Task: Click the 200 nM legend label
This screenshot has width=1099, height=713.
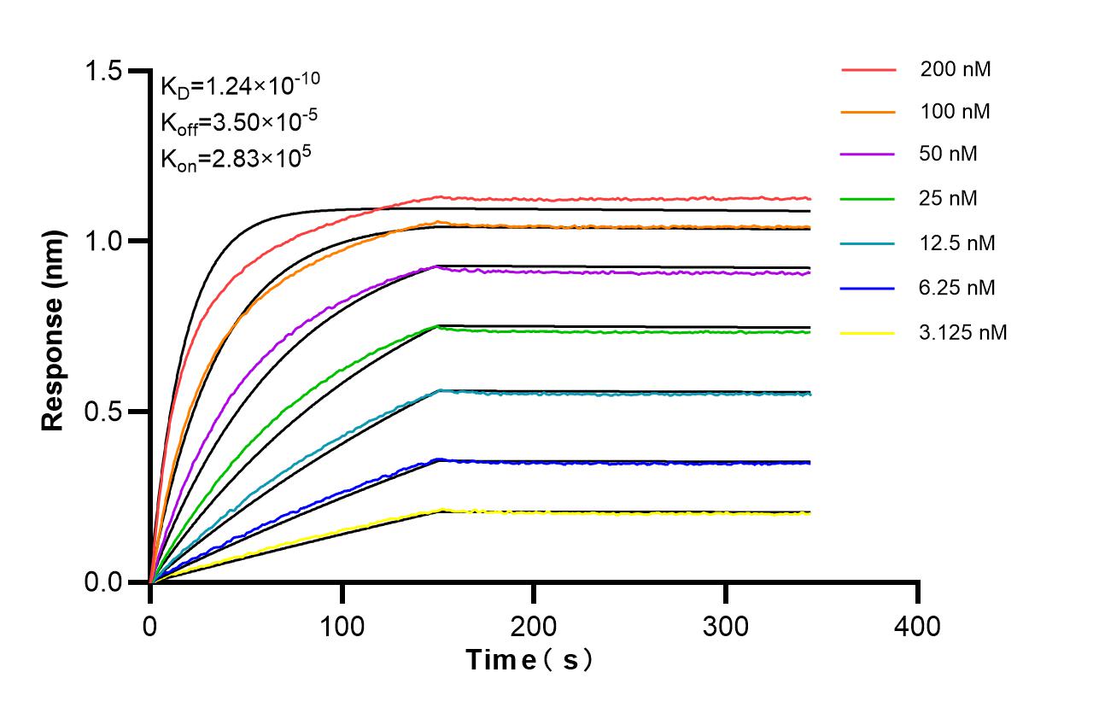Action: coord(955,69)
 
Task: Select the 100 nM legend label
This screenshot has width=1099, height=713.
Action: coord(955,111)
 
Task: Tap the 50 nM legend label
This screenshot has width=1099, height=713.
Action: coord(949,155)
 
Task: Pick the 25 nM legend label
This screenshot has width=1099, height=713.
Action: coord(949,199)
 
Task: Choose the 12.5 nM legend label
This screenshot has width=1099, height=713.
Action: coord(957,243)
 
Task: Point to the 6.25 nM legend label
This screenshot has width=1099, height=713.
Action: coord(957,288)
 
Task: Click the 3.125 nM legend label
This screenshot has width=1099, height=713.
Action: coord(963,332)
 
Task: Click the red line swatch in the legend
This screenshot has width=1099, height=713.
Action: coord(868,69)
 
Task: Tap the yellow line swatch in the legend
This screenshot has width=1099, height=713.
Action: coord(868,332)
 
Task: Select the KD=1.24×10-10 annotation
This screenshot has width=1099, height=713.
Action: coord(240,85)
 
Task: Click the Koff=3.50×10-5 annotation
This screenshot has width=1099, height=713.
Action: coord(238,122)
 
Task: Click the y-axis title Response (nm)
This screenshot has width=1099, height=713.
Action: coord(54,326)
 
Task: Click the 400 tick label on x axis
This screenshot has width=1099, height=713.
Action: coord(918,626)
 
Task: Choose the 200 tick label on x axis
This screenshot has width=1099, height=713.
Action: coord(534,626)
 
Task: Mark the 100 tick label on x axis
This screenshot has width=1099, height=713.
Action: coord(342,626)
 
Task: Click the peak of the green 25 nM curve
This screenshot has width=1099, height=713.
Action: coord(438,326)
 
